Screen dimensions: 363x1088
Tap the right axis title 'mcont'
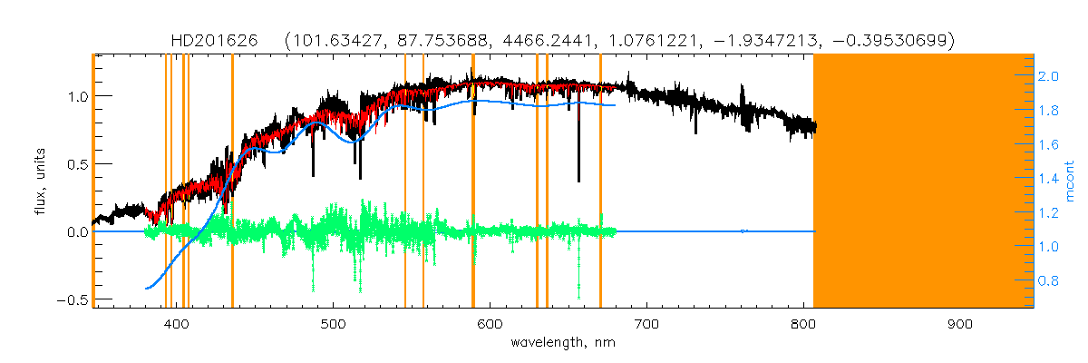point(1071,181)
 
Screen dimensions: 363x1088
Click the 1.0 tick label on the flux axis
point(76,96)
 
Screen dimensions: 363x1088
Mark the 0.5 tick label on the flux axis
point(76,164)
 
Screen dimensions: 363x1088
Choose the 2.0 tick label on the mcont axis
point(1048,77)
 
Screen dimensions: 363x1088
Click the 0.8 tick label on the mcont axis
point(1048,281)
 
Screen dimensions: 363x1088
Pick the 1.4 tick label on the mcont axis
point(1048,180)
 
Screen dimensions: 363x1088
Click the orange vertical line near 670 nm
point(600,181)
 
